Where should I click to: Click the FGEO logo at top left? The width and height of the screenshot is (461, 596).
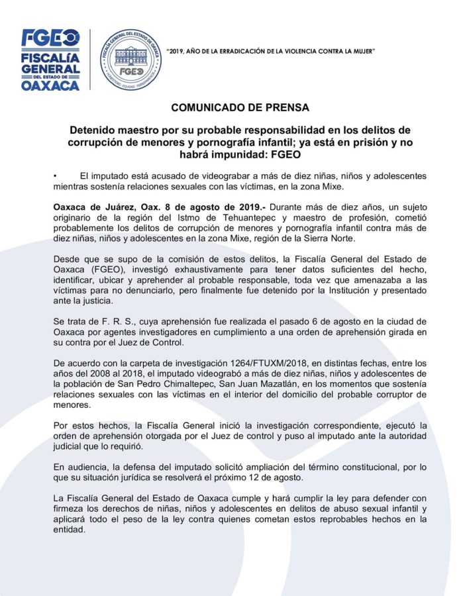[x=52, y=37]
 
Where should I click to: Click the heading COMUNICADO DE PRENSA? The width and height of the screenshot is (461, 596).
[x=230, y=107]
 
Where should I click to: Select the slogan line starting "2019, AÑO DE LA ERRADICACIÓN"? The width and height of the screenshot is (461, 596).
[x=272, y=51]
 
